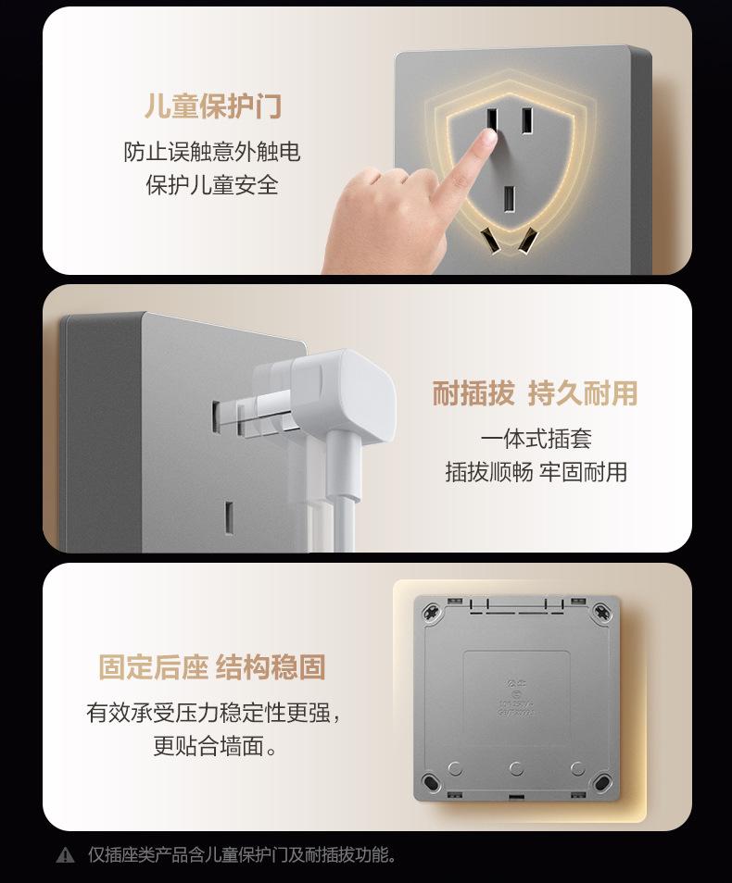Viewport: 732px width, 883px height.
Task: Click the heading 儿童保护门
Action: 212,106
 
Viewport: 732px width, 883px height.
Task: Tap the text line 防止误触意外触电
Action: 212,152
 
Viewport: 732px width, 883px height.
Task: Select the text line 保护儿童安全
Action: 212,185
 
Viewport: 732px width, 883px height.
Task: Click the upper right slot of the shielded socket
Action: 525,121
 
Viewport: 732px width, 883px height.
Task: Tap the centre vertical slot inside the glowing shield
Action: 509,197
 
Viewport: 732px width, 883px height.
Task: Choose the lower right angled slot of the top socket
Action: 526,242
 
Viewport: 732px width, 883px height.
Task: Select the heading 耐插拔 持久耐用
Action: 536,393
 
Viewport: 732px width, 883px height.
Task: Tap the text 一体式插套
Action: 536,439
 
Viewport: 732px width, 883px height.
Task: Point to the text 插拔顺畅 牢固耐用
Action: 536,472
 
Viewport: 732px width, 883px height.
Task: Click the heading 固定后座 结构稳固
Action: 212,667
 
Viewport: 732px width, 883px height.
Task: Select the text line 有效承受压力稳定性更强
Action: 212,713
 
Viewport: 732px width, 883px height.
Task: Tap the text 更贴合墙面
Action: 212,746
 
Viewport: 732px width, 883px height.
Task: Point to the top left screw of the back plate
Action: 431,612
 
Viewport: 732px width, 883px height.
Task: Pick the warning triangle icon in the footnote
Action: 65,855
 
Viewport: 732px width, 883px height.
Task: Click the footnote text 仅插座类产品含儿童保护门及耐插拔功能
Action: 242,855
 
